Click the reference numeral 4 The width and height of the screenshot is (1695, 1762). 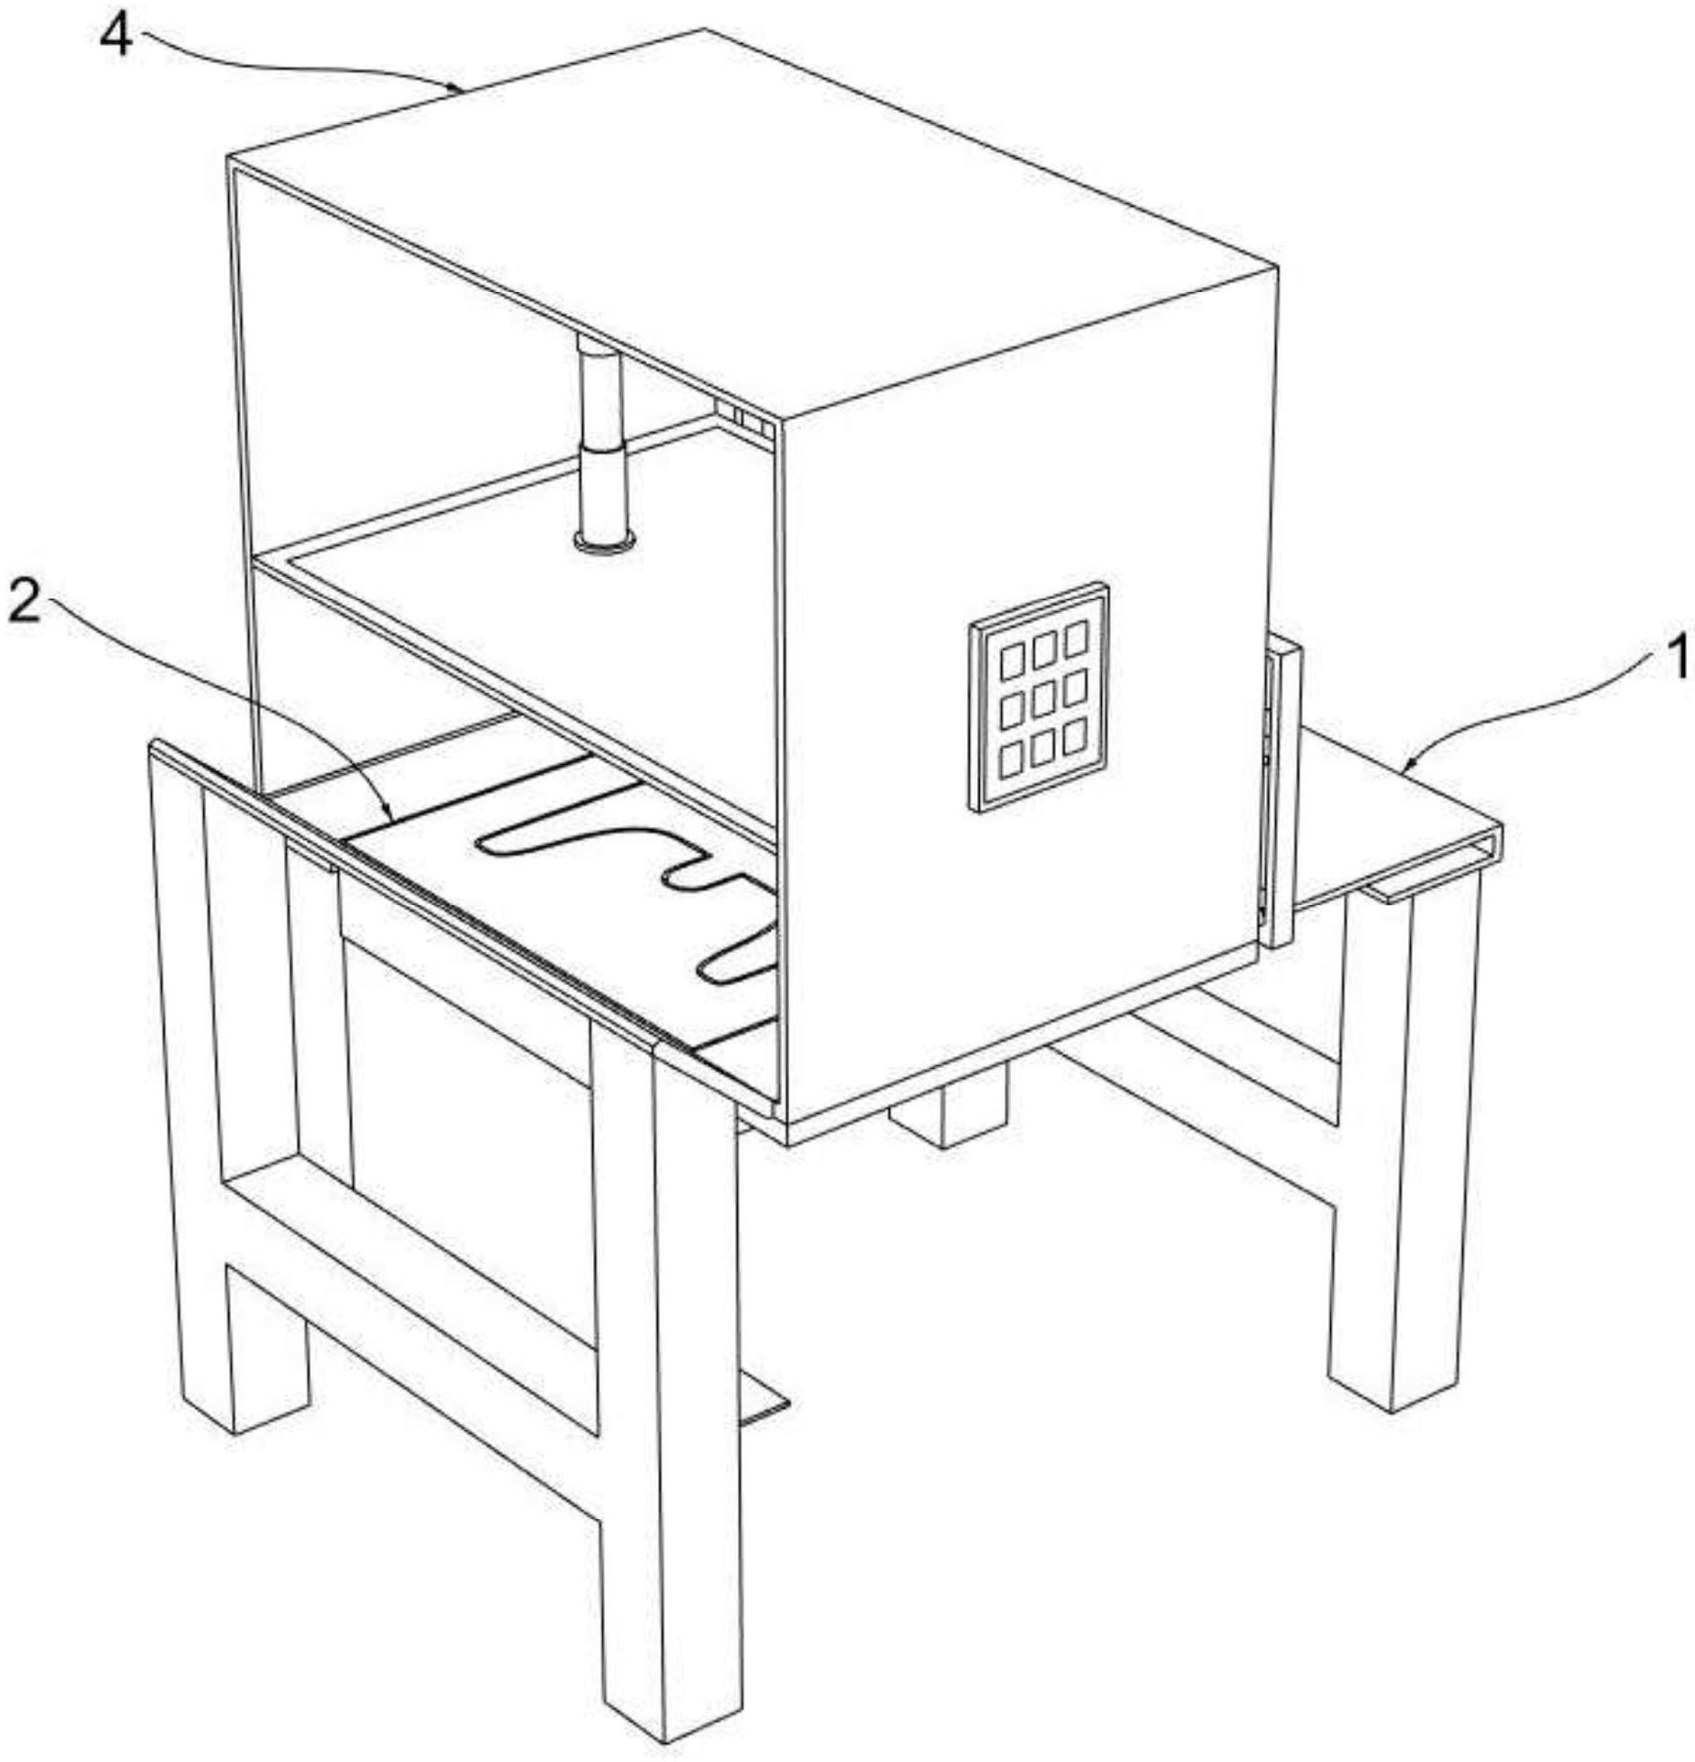(x=116, y=38)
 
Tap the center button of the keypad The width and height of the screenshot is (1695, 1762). (x=1043, y=700)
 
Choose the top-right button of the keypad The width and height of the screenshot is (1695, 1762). (x=1076, y=638)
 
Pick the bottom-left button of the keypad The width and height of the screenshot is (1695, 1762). (x=1011, y=760)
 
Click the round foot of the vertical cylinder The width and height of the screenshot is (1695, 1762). (x=604, y=541)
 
